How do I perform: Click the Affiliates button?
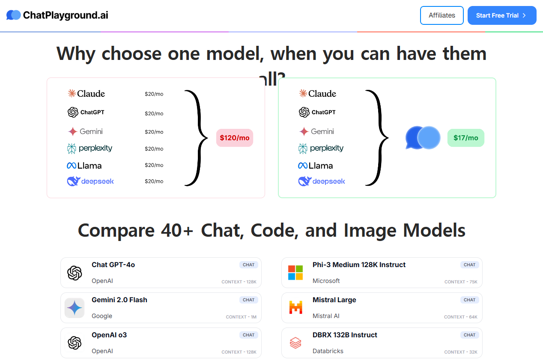442,15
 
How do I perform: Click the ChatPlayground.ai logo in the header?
57,15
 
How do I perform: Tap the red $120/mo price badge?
234,138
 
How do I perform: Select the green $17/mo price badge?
465,138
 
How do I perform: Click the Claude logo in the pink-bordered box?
86,93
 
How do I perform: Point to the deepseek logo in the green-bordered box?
322,181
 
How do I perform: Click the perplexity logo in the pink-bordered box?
90,148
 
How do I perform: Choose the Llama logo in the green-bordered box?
315,166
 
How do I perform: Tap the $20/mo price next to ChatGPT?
154,113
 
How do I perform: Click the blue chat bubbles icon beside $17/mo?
423,138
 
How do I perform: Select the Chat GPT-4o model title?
113,265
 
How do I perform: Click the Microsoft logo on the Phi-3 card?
295,273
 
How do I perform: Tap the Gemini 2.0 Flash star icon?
75,308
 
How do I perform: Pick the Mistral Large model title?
334,300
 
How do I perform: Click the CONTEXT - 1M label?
241,317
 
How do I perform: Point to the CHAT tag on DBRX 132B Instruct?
469,335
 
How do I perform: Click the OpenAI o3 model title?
109,335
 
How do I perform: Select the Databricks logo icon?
295,343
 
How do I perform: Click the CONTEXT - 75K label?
461,282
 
